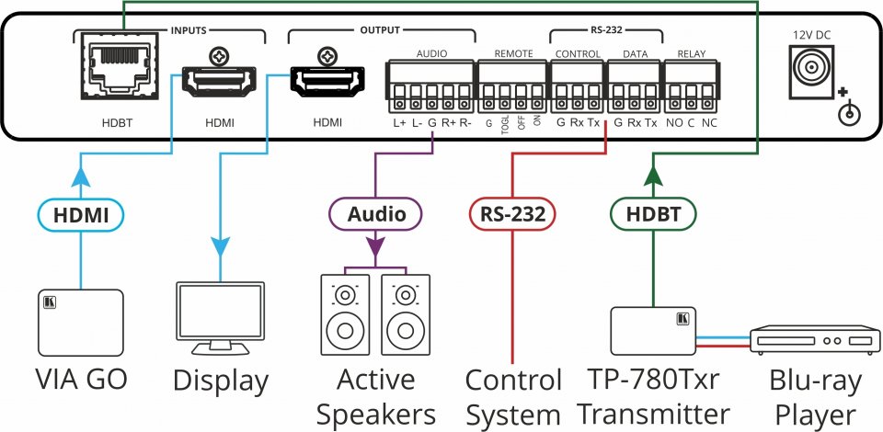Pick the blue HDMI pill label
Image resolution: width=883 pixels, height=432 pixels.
[81, 215]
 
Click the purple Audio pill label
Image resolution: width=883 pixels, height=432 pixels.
[375, 215]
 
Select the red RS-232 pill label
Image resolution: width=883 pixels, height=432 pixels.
[511, 215]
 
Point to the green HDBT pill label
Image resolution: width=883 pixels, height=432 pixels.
[653, 215]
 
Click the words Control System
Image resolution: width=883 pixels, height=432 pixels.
[513, 397]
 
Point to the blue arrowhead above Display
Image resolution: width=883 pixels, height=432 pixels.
[220, 246]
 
